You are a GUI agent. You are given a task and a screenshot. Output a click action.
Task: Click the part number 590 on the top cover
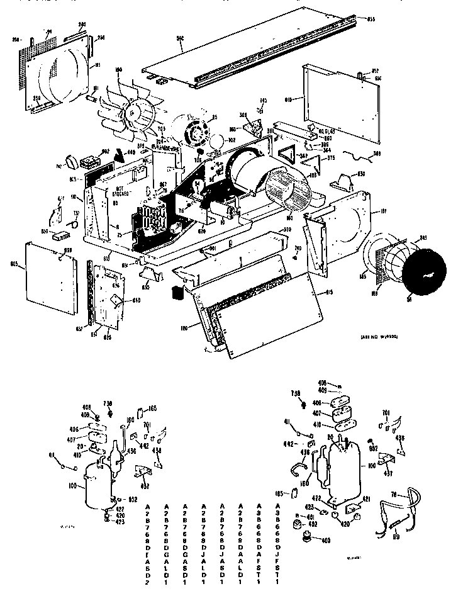pyautogui.click(x=180, y=39)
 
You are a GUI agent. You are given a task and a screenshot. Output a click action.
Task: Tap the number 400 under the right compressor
pyautogui.click(x=325, y=541)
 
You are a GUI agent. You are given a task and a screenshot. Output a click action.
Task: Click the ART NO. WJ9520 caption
pyautogui.click(x=379, y=337)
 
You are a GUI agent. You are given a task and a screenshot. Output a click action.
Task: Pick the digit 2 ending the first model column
pyautogui.click(x=147, y=584)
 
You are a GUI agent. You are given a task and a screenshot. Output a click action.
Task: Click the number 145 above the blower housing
pyautogui.click(x=263, y=100)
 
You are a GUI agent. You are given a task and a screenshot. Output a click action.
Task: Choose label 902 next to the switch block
pyautogui.click(x=106, y=150)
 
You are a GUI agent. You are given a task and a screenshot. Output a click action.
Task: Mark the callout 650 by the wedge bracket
pyautogui.click(x=361, y=173)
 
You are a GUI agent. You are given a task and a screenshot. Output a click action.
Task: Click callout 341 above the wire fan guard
pyautogui.click(x=423, y=237)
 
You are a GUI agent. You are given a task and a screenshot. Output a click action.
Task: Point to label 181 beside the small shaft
pyautogui.click(x=96, y=88)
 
